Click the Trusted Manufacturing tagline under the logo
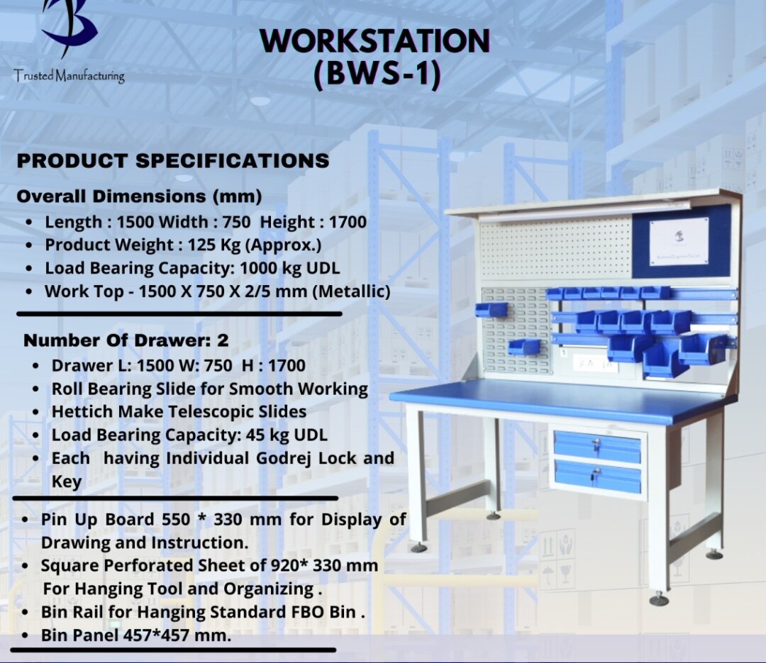(x=69, y=76)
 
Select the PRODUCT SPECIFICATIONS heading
(x=173, y=161)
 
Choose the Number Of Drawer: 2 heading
(x=126, y=340)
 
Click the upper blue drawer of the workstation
(x=597, y=446)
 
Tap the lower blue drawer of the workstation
(x=598, y=476)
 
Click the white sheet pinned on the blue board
(x=679, y=242)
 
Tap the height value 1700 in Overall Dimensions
(x=348, y=222)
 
